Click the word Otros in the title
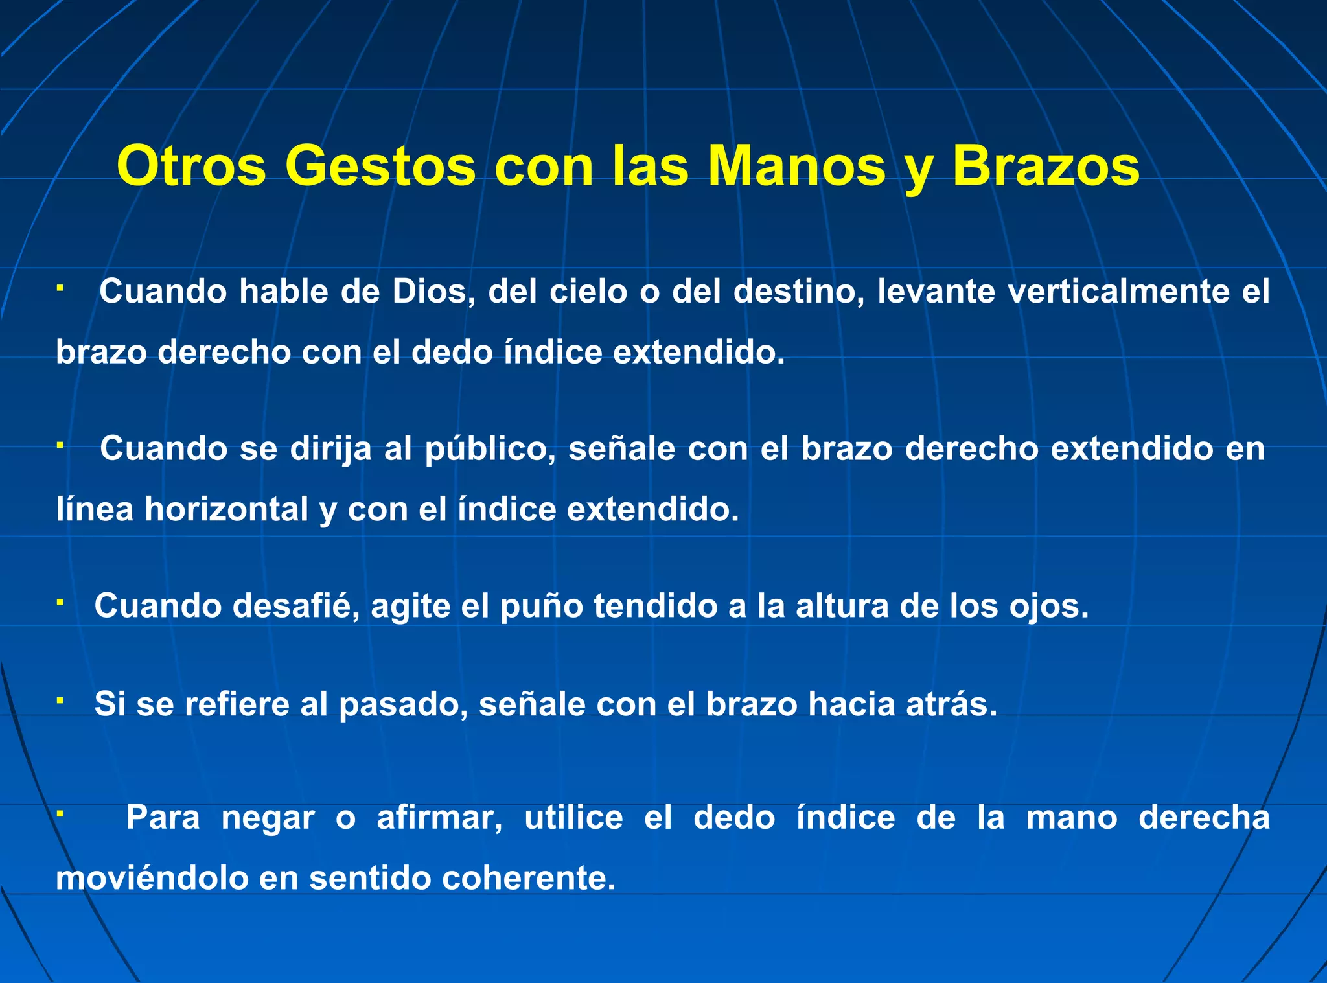191,167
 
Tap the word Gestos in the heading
380,167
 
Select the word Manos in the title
796,167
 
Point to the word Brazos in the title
1045,167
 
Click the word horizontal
226,509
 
